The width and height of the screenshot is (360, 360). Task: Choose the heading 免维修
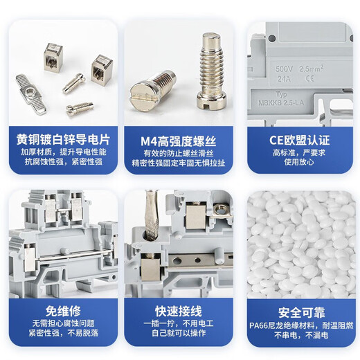point(61,310)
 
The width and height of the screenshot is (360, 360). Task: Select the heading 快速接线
point(179,310)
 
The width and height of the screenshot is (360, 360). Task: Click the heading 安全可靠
point(300,310)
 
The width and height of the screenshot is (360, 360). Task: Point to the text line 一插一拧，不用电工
point(179,324)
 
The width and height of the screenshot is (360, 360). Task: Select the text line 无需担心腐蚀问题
point(61,324)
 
